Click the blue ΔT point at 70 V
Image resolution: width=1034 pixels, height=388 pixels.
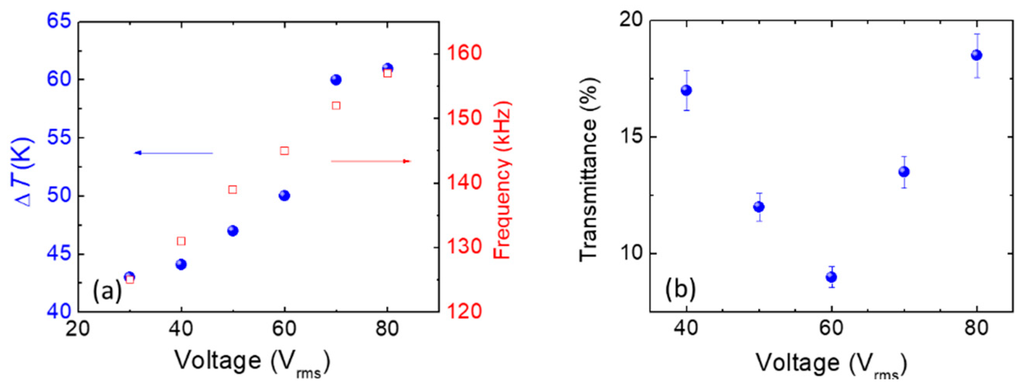tap(336, 80)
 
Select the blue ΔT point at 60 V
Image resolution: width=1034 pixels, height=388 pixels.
tap(284, 196)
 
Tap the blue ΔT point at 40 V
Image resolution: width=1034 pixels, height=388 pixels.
tap(181, 264)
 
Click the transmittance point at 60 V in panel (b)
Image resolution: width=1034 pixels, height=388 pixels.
tap(831, 277)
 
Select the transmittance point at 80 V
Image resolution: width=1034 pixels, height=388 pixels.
tap(976, 55)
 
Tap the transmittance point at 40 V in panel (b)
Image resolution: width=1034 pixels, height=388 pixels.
tap(686, 90)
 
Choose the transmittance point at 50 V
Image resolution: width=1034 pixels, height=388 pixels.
tap(759, 207)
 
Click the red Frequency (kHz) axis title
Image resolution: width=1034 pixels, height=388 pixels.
tap(502, 181)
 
